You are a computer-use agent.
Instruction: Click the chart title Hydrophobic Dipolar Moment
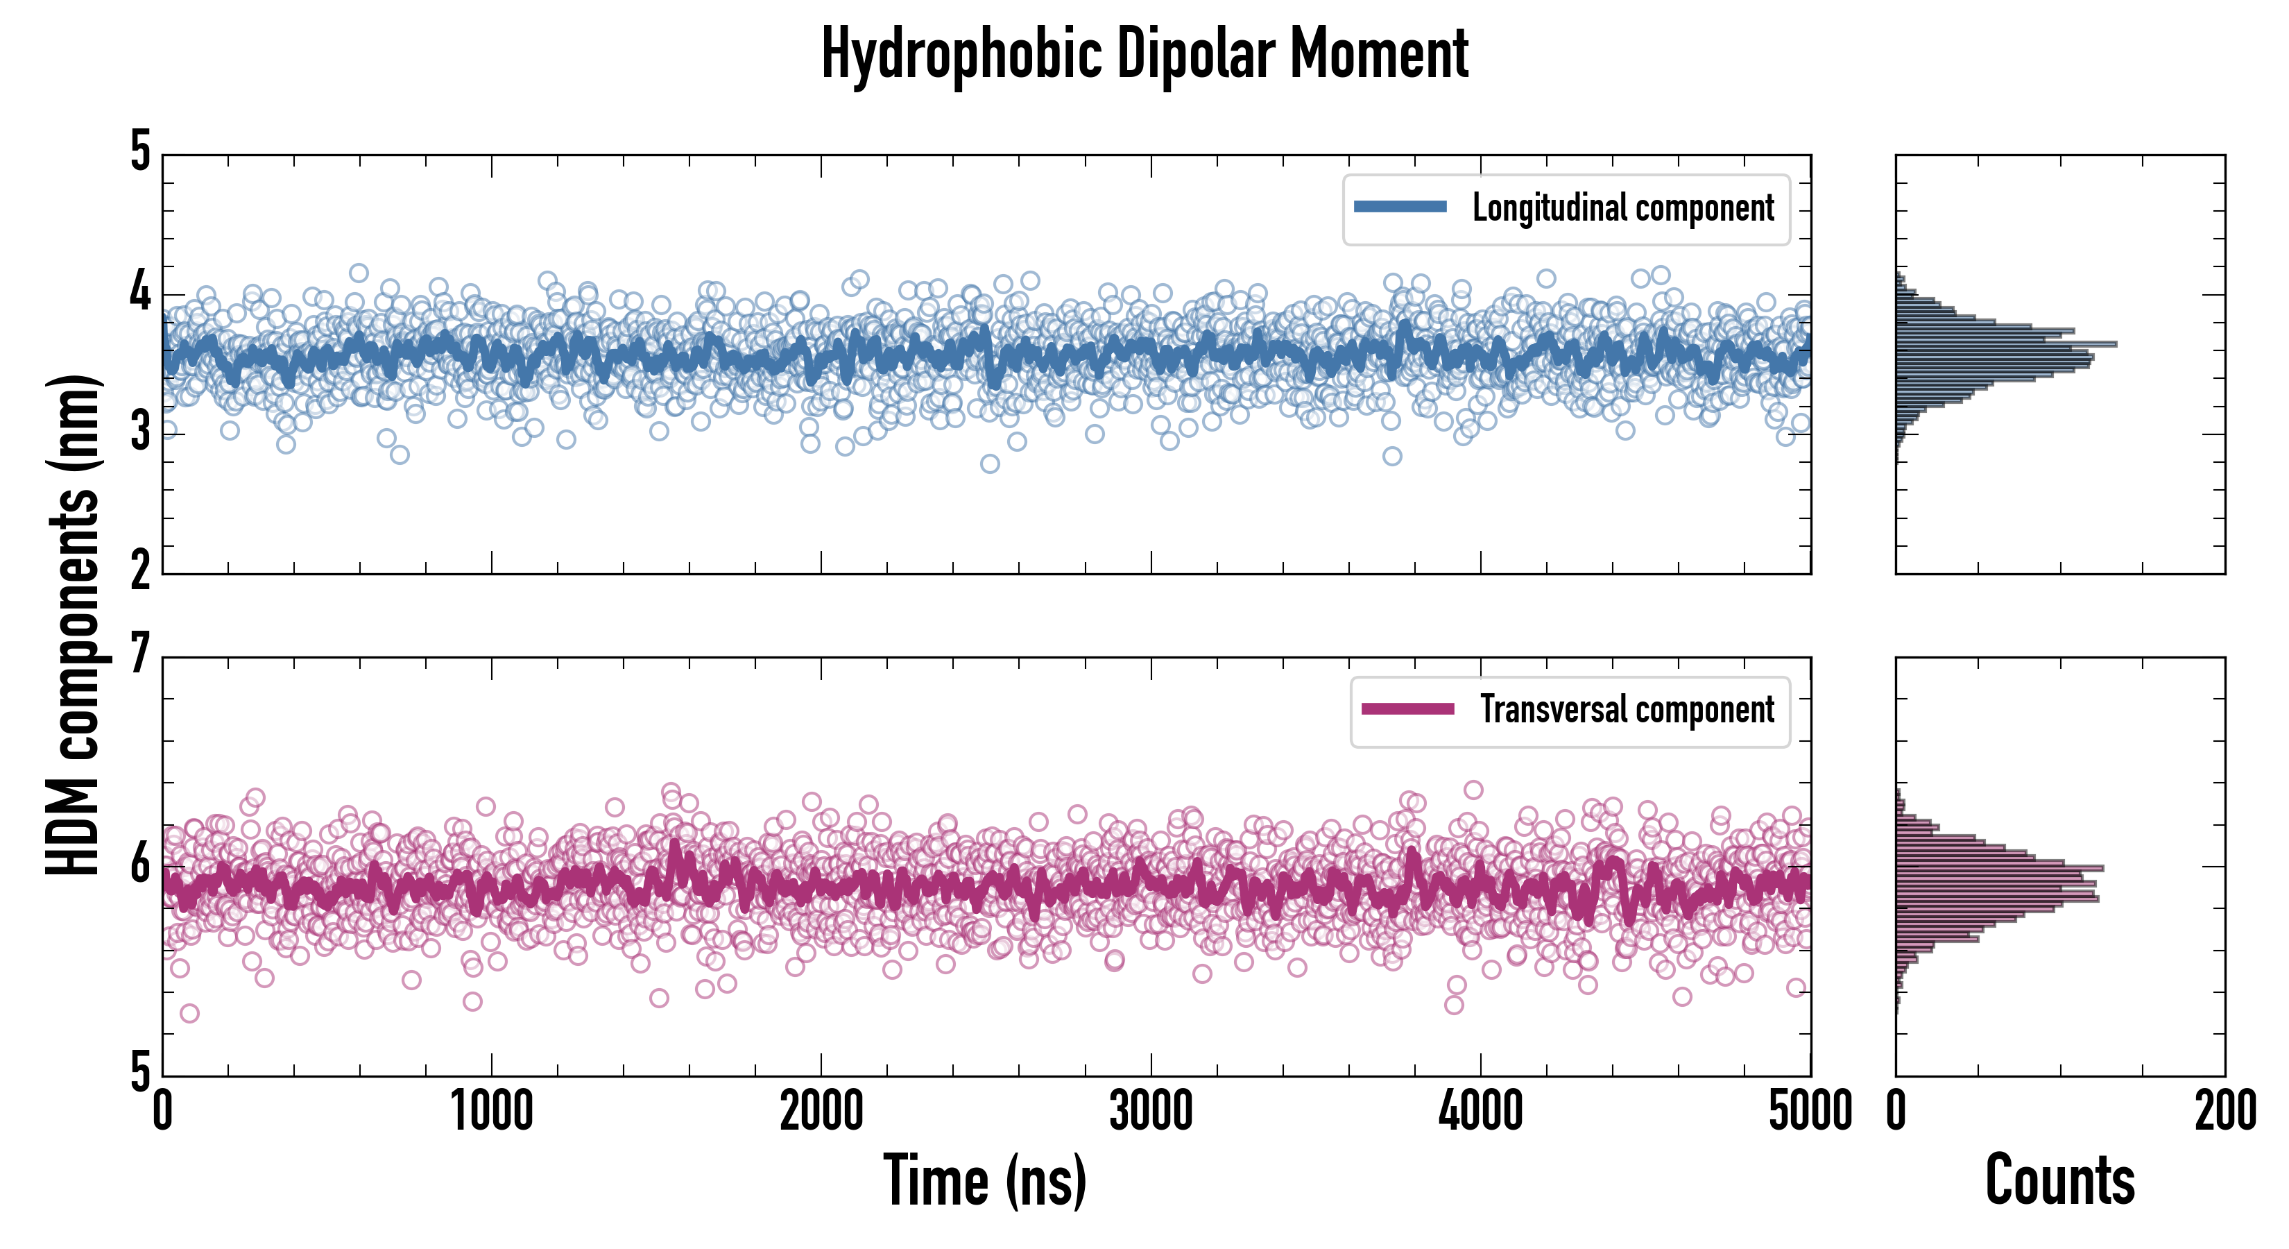(1144, 55)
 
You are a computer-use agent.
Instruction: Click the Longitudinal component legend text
(1622, 208)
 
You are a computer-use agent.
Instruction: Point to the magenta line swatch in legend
(1407, 708)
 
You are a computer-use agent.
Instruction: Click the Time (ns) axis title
(984, 1180)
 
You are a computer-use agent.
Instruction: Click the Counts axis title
(2059, 1180)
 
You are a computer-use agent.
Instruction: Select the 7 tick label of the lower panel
(140, 655)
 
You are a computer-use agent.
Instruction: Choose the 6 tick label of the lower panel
(140, 863)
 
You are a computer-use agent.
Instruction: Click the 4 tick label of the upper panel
(140, 292)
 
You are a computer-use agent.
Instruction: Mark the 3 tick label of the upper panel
(140, 433)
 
